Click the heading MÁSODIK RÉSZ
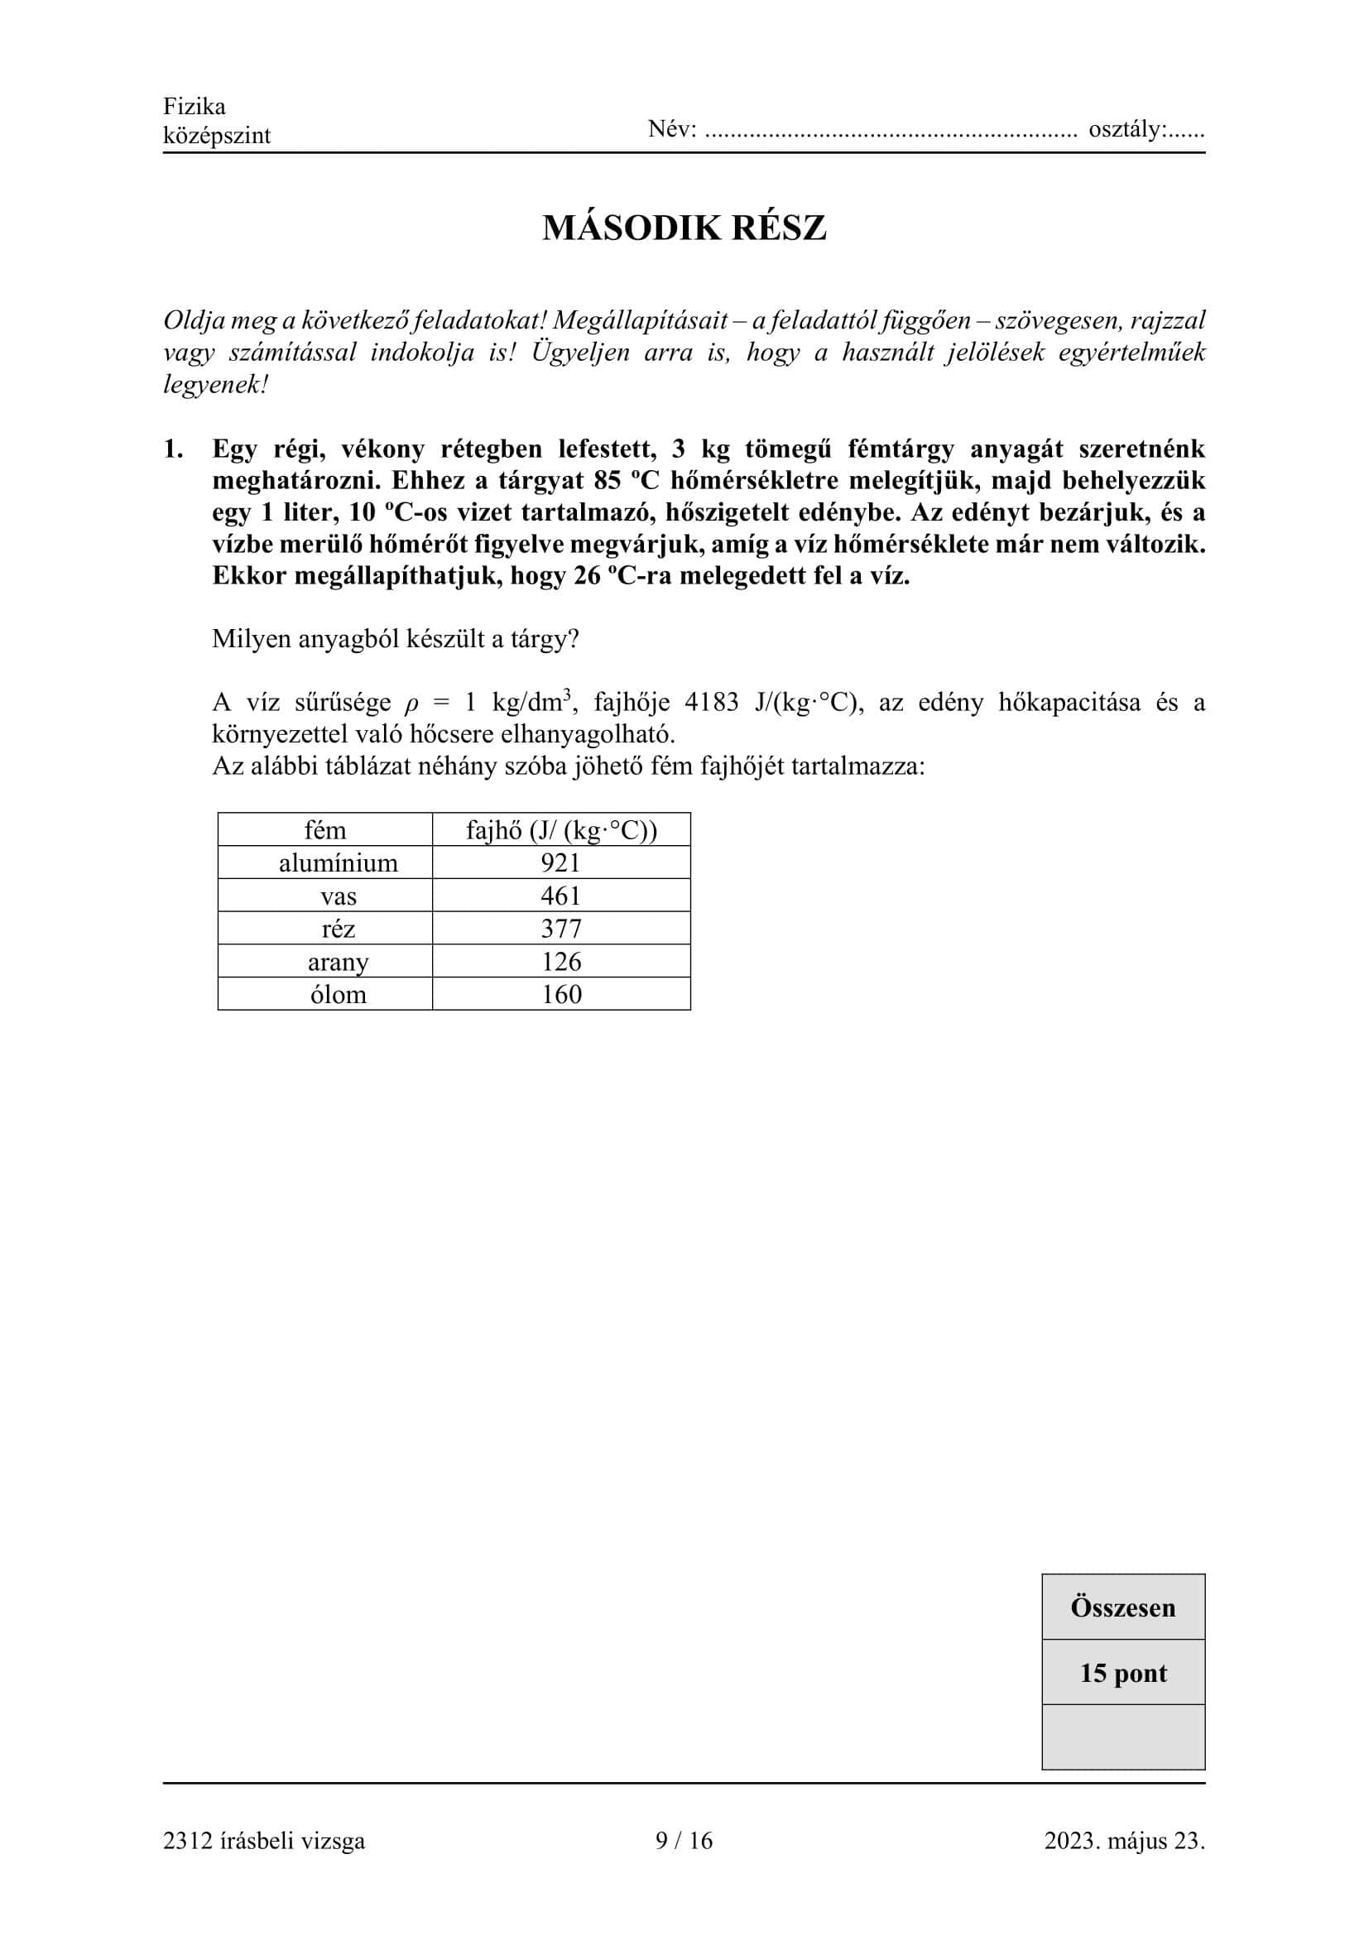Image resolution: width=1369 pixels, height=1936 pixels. [x=684, y=228]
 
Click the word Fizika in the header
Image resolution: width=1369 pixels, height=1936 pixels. [x=194, y=107]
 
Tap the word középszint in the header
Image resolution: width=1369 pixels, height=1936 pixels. [x=217, y=136]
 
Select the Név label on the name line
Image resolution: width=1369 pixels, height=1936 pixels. [x=672, y=130]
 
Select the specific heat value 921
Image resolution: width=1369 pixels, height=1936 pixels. [x=560, y=863]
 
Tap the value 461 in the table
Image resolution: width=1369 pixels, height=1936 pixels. [x=560, y=896]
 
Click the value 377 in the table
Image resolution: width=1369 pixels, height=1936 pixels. [x=560, y=930]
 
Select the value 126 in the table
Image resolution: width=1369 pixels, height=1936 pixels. [x=560, y=962]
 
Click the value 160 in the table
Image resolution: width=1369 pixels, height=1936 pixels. [x=560, y=995]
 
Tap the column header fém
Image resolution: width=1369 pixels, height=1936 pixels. [x=324, y=830]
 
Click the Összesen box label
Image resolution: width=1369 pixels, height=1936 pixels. [x=1123, y=1607]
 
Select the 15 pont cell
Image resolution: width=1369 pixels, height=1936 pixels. [x=1123, y=1673]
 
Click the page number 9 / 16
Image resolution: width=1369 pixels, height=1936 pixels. [x=684, y=1840]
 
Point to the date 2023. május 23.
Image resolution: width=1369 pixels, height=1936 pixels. [x=1124, y=1840]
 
